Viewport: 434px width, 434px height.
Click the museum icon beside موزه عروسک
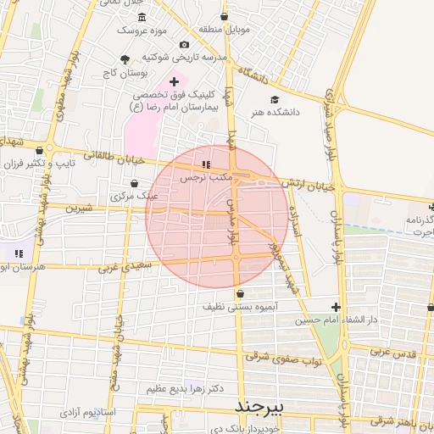point(142,18)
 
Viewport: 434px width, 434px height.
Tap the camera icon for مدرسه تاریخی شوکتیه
point(185,44)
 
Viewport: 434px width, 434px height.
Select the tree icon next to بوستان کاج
point(126,59)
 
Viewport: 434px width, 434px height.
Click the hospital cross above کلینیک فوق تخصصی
point(174,82)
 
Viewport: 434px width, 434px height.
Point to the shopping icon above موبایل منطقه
point(224,16)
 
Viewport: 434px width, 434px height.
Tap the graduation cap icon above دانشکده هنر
point(275,98)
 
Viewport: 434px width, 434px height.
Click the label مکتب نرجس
point(205,180)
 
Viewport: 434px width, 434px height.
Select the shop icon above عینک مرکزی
point(134,183)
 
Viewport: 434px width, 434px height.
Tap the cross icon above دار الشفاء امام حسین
point(337,307)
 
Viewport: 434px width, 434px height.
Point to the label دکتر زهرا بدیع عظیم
point(185,388)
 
